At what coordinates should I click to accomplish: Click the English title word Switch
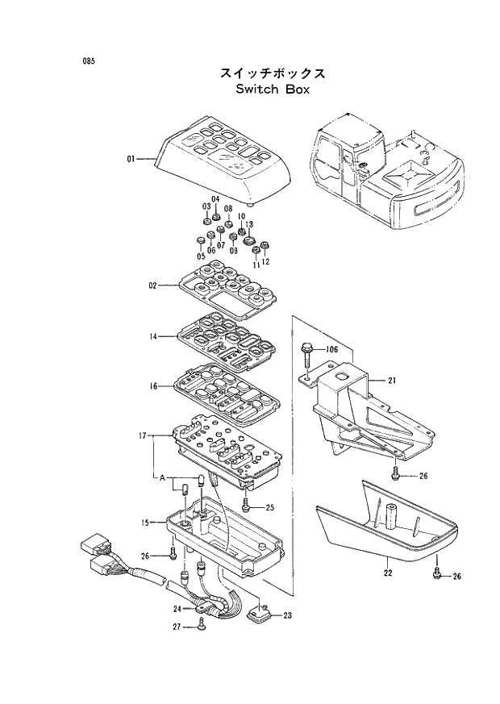(x=256, y=90)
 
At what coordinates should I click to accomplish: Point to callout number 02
(x=152, y=285)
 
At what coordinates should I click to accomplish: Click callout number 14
(x=152, y=335)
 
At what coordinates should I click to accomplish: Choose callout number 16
(x=152, y=386)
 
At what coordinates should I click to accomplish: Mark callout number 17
(x=142, y=436)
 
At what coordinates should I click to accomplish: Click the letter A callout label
(x=162, y=478)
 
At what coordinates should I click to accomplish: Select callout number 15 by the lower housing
(x=146, y=523)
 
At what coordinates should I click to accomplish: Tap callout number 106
(x=331, y=349)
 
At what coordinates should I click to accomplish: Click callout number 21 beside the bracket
(x=392, y=380)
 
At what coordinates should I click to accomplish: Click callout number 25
(x=270, y=507)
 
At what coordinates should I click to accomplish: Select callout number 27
(x=177, y=625)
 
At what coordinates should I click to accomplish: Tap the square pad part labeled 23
(x=260, y=616)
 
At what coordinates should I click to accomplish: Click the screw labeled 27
(x=199, y=623)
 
